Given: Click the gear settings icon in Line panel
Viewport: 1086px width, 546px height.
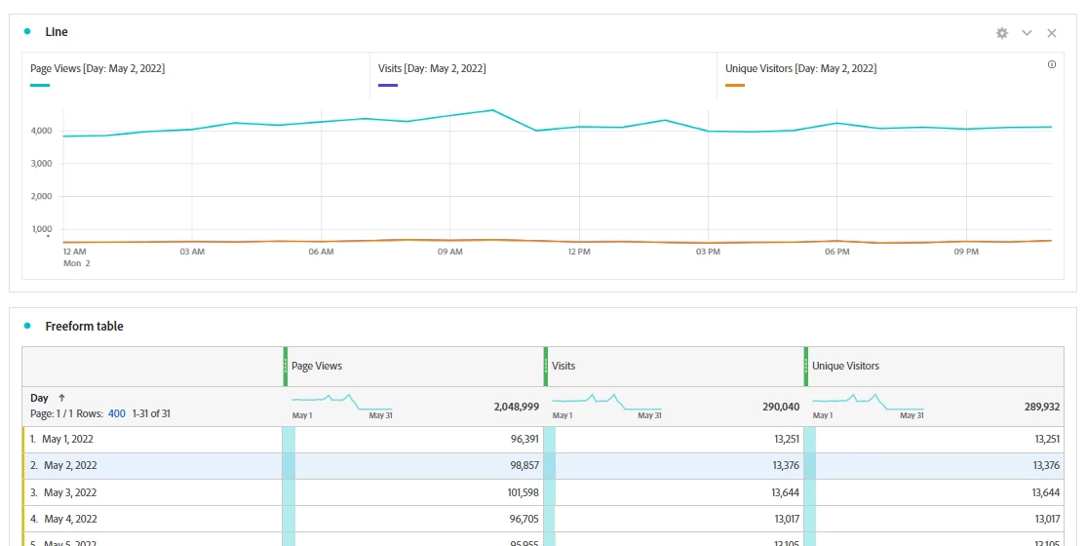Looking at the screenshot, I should point(1001,33).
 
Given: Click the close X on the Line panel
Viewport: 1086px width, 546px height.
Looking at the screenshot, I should point(1052,33).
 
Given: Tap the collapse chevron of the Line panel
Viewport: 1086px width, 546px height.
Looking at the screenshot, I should point(1027,33).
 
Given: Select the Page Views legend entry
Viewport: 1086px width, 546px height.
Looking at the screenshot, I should point(97,69).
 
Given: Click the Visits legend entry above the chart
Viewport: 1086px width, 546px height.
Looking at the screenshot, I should point(432,69).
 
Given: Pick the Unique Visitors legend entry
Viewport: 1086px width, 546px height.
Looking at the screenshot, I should point(800,69).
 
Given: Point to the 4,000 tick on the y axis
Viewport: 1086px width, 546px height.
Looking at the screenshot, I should point(41,131).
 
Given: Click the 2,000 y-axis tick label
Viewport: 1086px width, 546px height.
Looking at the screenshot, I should point(41,197).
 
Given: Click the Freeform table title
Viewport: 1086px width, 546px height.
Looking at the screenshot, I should point(85,327).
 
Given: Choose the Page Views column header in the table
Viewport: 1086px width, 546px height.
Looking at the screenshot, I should point(317,367).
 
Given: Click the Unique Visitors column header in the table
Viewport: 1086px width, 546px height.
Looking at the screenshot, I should point(845,367).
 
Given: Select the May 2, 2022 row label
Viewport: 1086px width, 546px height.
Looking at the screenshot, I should point(69,466).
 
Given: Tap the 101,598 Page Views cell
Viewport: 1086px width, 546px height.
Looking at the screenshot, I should point(517,492).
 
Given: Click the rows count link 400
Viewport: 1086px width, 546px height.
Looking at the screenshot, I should point(116,414).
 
